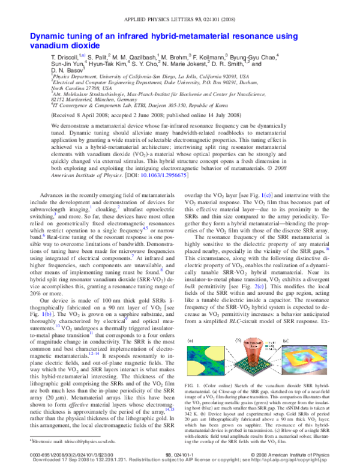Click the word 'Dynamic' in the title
coord(48,37)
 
